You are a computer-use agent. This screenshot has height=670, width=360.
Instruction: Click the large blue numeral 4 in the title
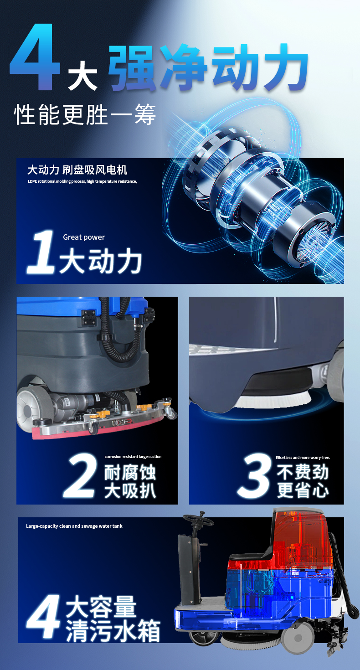click(x=35, y=57)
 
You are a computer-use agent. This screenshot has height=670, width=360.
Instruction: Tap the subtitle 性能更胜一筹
click(x=85, y=114)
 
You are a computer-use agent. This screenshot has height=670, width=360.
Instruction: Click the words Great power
click(x=84, y=237)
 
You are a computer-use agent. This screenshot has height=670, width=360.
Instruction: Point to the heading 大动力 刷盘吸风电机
click(x=77, y=170)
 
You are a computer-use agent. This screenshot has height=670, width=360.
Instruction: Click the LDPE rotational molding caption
click(x=82, y=181)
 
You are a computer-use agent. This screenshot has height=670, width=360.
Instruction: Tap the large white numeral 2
click(x=80, y=475)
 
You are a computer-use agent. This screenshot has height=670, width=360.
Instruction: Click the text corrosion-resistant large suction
click(x=133, y=456)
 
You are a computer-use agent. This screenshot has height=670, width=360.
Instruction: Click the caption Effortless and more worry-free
click(x=303, y=457)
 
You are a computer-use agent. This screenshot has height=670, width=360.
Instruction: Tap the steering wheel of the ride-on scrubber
click(x=198, y=520)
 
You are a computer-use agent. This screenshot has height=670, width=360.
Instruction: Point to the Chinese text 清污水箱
click(x=113, y=631)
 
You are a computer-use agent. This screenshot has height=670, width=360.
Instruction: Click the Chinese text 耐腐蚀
click(x=130, y=472)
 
